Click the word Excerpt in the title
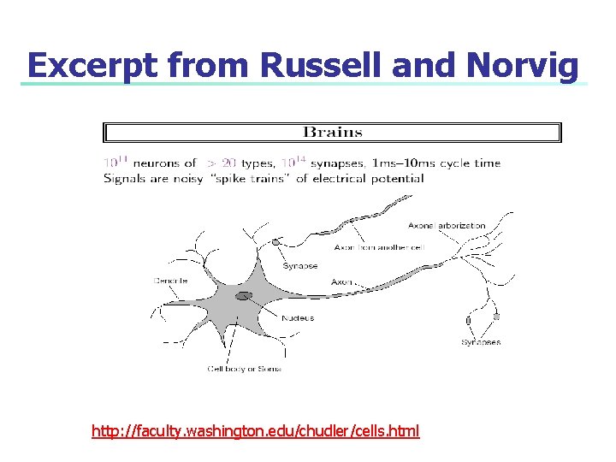pyautogui.click(x=88, y=65)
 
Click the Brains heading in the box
pyautogui.click(x=333, y=133)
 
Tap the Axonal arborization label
pyautogui.click(x=446, y=226)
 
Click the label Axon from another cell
pyautogui.click(x=378, y=247)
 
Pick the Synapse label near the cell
pyautogui.click(x=299, y=265)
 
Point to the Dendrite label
pyautogui.click(x=170, y=281)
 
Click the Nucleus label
pyautogui.click(x=298, y=317)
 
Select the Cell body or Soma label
pyautogui.click(x=245, y=369)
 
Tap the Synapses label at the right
pyautogui.click(x=481, y=342)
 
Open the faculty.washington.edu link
pyautogui.click(x=255, y=431)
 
